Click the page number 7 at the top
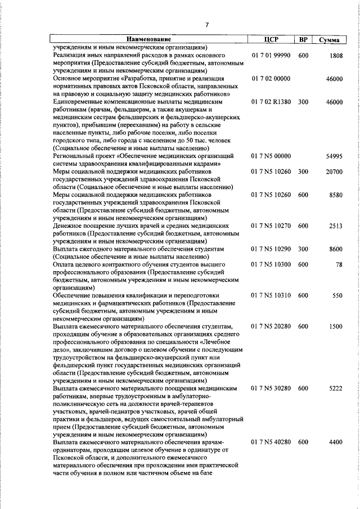tap(207, 24)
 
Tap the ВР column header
tap(303, 40)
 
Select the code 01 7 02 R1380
tap(271, 102)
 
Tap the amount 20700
tap(334, 172)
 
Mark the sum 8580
tap(336, 195)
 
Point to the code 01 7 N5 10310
tap(271, 295)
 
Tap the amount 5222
tap(336, 388)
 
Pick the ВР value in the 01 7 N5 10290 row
tap(303, 249)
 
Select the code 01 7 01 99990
tap(271, 56)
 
